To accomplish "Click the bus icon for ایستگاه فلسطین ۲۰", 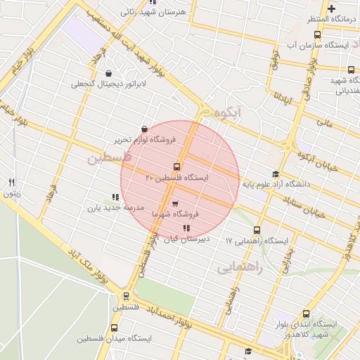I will coord(176,167).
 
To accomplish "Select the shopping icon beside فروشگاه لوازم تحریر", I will coord(144,129).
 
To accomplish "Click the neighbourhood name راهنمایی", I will coord(239,267).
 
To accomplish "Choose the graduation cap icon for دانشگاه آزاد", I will coord(275,174).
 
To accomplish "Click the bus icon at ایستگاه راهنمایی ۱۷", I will coord(257,230).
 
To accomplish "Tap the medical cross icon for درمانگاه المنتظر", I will coord(331,8).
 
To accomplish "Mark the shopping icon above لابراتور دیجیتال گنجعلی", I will coord(108,73).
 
